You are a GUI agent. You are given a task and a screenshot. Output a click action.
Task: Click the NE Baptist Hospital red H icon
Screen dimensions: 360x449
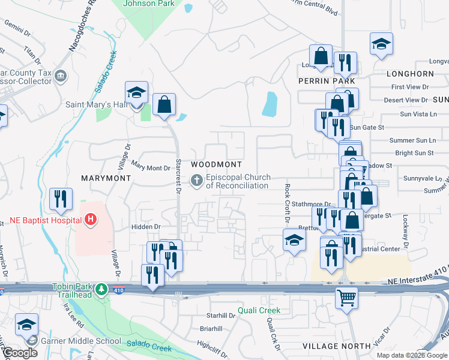(91, 220)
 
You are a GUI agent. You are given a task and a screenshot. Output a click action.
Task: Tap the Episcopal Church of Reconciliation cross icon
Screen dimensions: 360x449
(196, 180)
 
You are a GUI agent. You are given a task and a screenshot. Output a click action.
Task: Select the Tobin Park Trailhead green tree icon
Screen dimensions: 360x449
(103, 289)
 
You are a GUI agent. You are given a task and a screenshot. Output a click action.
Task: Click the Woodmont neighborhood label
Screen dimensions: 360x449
(216, 164)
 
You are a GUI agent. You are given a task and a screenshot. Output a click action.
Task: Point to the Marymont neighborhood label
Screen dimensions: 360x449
(106, 178)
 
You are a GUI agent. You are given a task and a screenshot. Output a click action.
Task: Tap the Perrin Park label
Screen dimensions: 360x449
(327, 81)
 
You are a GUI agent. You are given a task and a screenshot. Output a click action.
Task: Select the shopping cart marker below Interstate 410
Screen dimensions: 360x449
(346, 297)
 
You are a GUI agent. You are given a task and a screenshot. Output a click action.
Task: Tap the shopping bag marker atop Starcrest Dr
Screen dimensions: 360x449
(164, 105)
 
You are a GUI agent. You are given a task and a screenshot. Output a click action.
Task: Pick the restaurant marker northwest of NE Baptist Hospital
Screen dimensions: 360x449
(61, 199)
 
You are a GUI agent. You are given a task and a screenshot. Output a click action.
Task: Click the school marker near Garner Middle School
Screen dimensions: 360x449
(26, 325)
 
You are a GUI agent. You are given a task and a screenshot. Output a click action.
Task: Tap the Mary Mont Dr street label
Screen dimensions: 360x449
(146, 169)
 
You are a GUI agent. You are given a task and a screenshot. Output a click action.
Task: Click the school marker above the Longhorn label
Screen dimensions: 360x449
(381, 44)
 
